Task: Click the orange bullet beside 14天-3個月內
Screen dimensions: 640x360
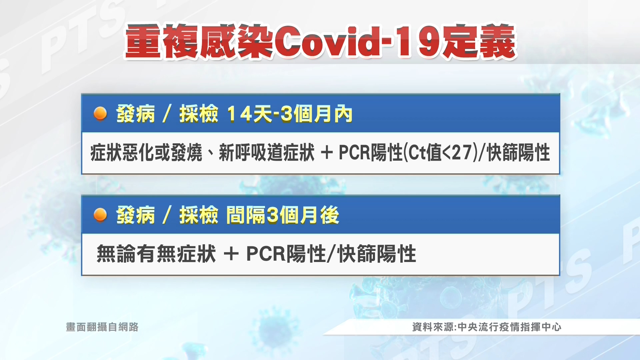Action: coord(100,114)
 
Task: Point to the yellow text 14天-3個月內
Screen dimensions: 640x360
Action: coord(289,114)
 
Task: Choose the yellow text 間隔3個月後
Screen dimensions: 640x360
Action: coord(283,215)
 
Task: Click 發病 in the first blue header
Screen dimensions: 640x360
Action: coord(136,114)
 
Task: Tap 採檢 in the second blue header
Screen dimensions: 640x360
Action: coord(199,215)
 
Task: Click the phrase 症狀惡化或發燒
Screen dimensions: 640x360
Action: coord(146,153)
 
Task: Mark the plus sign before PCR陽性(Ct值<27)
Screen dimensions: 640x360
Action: coord(327,153)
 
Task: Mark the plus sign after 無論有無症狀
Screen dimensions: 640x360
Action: coord(231,254)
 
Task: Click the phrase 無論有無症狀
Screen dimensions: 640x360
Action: coord(156,254)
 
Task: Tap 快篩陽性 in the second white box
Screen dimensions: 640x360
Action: coord(377,254)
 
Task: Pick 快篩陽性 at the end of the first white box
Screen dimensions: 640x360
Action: coord(519,153)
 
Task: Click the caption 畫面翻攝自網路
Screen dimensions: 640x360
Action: coord(102,327)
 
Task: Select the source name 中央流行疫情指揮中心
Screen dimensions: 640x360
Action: coord(509,327)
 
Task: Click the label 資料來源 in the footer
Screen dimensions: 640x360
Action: coord(433,327)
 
